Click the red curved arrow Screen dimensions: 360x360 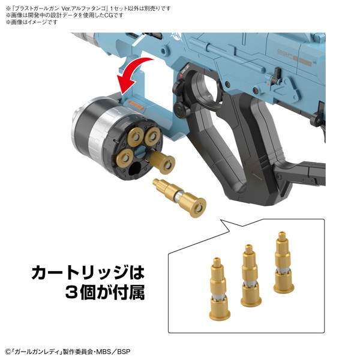tap(132, 71)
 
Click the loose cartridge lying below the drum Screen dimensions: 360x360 tap(179, 197)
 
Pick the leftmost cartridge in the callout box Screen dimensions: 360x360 tap(219, 289)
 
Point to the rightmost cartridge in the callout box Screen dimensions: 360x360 tap(283, 262)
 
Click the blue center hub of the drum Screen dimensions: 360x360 tap(139, 152)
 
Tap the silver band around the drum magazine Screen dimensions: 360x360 tap(101, 133)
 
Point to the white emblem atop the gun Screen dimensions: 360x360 tap(175, 37)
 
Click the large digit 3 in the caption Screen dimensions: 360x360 tap(73, 292)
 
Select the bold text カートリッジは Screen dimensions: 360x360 tap(88, 273)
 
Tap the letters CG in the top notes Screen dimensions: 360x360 tap(108, 15)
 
